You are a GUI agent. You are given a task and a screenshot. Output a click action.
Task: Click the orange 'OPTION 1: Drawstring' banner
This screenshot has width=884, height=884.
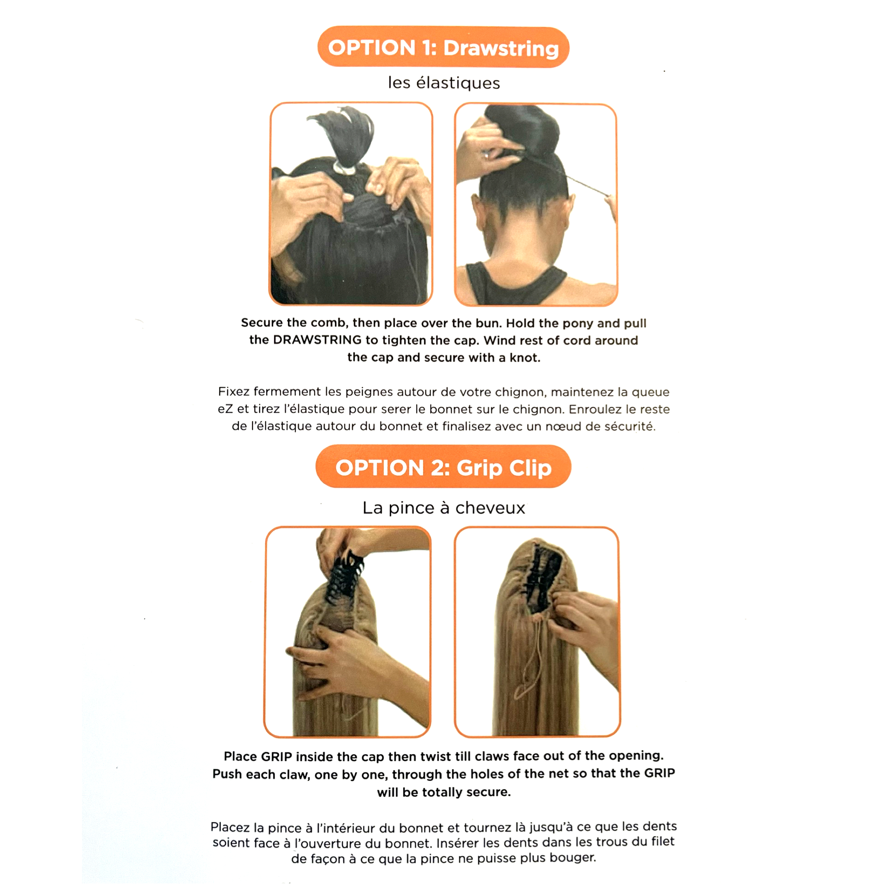(x=443, y=47)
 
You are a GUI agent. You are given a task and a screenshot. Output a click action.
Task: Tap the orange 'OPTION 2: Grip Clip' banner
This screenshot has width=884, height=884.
(x=443, y=467)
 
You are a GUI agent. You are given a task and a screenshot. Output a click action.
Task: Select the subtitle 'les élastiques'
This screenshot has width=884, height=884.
(x=444, y=83)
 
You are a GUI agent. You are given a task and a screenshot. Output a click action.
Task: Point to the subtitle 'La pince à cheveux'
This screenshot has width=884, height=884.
(x=444, y=508)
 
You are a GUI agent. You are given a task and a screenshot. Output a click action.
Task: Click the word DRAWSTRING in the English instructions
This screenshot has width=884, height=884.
(x=317, y=340)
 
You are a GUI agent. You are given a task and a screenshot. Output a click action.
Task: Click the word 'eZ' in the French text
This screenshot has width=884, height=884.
(x=225, y=409)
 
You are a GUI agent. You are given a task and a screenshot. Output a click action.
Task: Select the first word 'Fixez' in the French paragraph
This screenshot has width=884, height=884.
(x=234, y=391)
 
